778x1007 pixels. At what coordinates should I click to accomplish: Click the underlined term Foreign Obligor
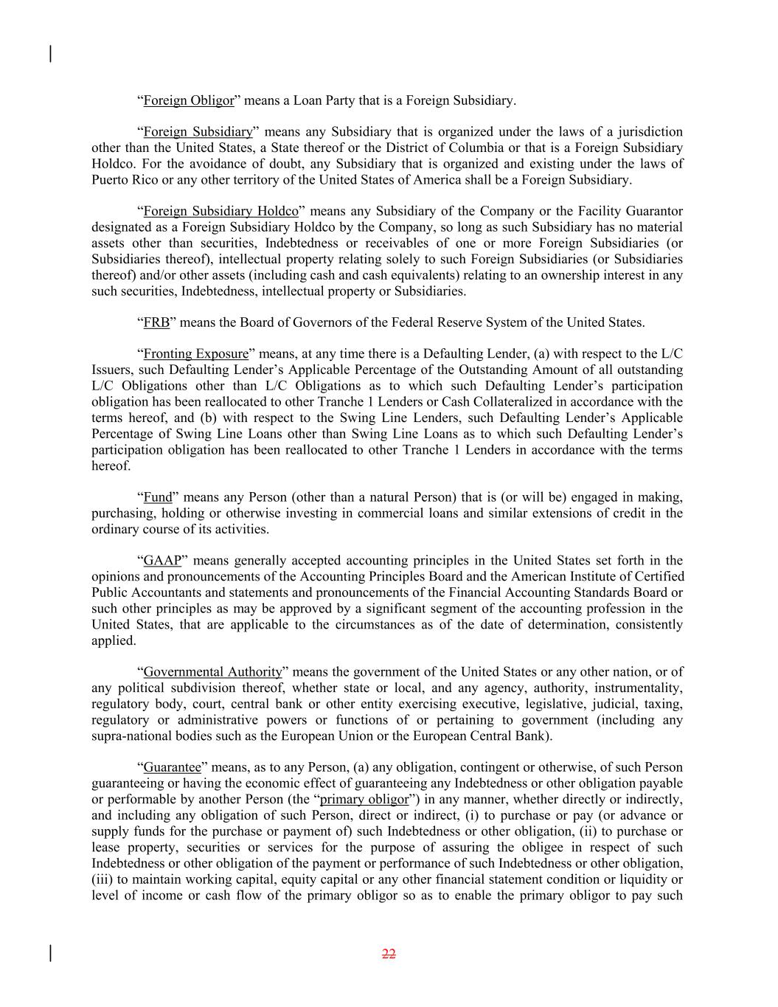tap(188, 100)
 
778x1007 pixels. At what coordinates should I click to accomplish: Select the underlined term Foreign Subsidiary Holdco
tap(220, 211)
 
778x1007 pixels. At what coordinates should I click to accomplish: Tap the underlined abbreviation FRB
tap(156, 322)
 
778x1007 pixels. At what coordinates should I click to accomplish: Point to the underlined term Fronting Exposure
tap(195, 354)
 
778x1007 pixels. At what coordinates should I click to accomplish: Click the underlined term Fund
tap(157, 497)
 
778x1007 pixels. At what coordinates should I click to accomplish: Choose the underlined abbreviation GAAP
tap(162, 561)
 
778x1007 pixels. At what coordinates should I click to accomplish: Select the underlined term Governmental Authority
tap(212, 672)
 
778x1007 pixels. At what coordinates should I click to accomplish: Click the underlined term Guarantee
tap(172, 767)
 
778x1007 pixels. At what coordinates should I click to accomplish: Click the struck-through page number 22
tap(389, 954)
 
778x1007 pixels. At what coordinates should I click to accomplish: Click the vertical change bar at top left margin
tap(50, 54)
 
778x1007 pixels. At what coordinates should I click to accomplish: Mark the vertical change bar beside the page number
tap(50, 953)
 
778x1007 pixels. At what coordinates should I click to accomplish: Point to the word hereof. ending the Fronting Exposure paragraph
tap(111, 466)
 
